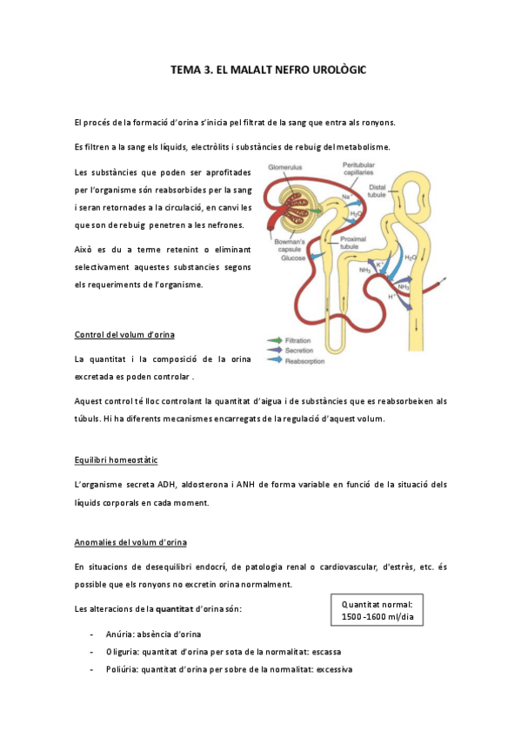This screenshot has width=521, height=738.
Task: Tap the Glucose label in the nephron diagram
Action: (292, 258)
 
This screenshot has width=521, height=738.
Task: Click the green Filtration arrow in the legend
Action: (273, 339)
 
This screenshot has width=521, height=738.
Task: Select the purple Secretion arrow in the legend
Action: (273, 350)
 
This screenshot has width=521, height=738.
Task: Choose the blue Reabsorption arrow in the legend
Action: (273, 359)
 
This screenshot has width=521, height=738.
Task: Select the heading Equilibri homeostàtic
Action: (116, 459)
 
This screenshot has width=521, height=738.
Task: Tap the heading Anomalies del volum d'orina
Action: (130, 543)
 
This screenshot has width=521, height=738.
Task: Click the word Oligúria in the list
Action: (120, 652)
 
